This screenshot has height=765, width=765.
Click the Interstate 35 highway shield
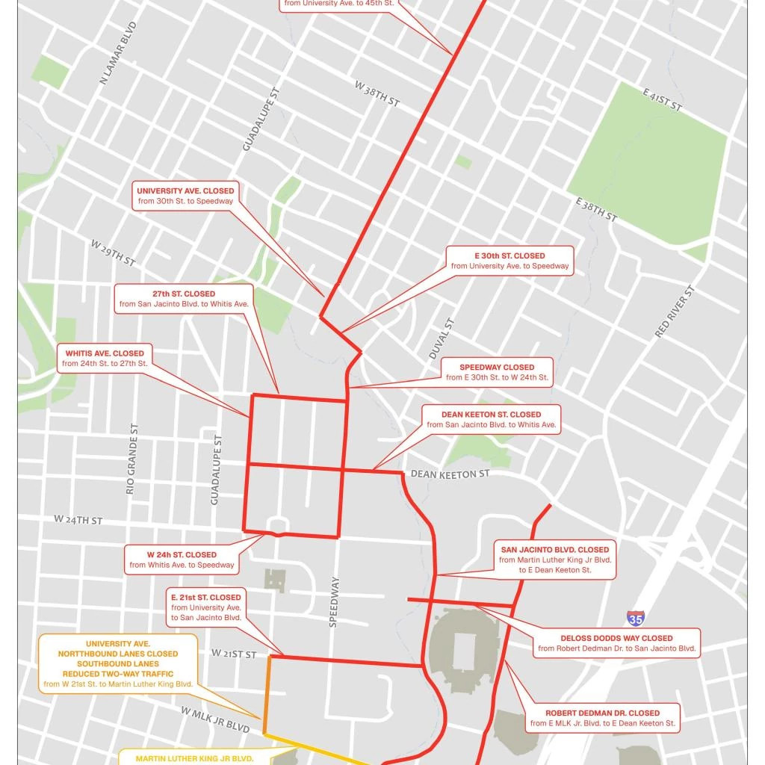tap(635, 619)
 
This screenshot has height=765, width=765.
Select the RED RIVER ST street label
tap(675, 312)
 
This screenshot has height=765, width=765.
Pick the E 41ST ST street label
tap(662, 99)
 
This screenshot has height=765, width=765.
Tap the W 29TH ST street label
tap(113, 253)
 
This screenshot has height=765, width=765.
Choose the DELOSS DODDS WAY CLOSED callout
tap(617, 644)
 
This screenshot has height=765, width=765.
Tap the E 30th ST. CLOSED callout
tap(510, 261)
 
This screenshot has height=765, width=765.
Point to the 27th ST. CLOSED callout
tap(184, 299)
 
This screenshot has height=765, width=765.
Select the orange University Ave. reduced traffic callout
tap(118, 663)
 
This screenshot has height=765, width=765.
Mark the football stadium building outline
tap(465, 643)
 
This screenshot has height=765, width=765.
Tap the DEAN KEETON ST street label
tap(450, 474)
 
